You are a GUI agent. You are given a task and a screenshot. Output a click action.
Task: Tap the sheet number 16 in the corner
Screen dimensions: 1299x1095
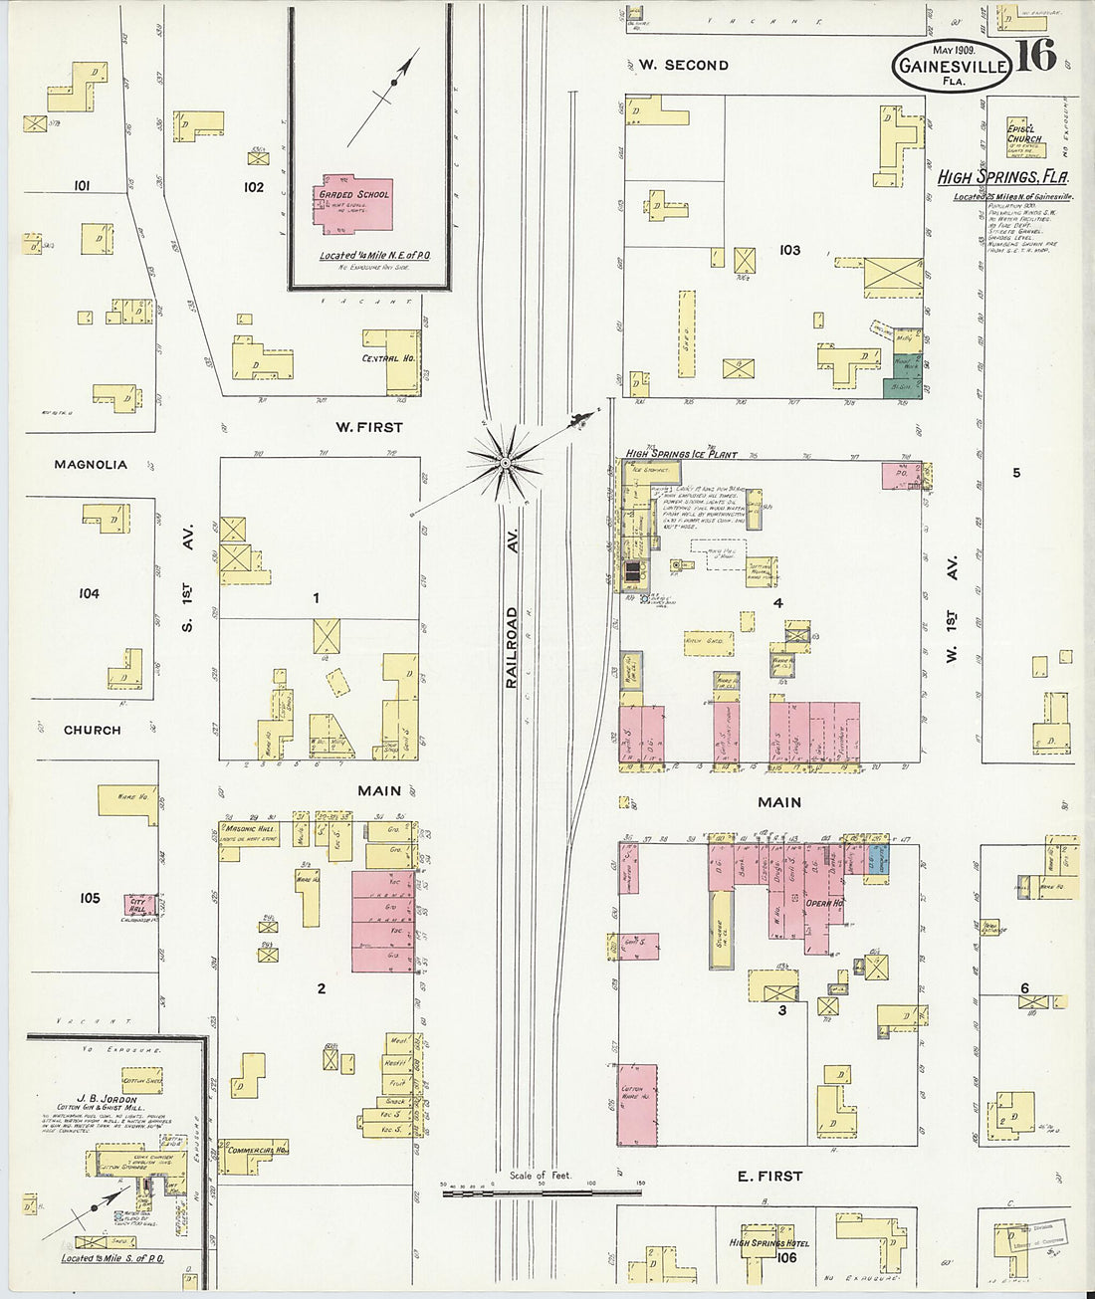coord(1036,57)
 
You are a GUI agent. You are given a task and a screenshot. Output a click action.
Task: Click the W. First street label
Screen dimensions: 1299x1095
coord(368,427)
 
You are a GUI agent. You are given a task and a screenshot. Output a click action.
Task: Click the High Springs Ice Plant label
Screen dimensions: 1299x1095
coord(681,454)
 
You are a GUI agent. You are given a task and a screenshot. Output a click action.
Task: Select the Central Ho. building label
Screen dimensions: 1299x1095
coord(388,358)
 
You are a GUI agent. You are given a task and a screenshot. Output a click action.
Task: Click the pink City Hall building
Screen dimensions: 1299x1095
coord(138,903)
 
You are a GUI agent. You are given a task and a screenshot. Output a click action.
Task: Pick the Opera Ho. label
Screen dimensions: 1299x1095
coord(824,903)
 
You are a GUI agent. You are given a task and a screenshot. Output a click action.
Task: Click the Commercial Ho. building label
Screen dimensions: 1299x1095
coord(257,1150)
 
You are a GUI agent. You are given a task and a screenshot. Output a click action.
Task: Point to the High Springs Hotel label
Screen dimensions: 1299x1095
coord(768,1243)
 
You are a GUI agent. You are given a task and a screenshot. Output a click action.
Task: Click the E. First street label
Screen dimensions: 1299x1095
coord(769,1176)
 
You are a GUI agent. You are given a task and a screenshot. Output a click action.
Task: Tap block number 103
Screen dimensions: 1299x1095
coord(789,250)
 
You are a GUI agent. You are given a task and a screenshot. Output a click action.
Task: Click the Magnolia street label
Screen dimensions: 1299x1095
coord(91,464)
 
